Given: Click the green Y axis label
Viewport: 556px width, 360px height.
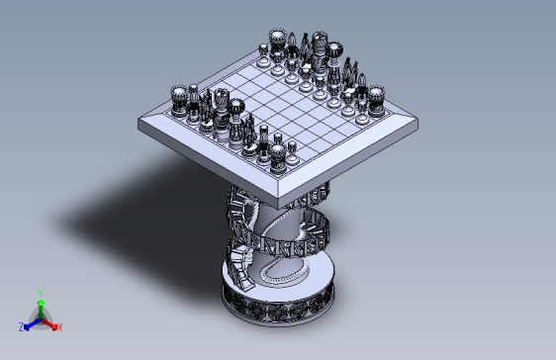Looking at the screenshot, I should click(x=41, y=292).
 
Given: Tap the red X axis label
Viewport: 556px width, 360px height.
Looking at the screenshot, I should click(x=60, y=326).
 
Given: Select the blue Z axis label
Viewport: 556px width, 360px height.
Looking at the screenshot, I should click(x=21, y=326).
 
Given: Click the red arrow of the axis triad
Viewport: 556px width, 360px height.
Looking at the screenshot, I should click(x=50, y=321).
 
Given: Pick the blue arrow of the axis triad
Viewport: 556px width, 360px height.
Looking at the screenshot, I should click(x=30, y=321).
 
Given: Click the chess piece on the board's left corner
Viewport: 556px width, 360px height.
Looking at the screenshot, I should click(x=179, y=98).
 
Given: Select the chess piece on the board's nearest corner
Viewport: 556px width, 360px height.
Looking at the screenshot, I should click(x=278, y=155).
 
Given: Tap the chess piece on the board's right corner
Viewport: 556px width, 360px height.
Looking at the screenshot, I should click(x=376, y=98).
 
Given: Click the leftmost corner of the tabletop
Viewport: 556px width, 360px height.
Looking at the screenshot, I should click(x=139, y=123).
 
